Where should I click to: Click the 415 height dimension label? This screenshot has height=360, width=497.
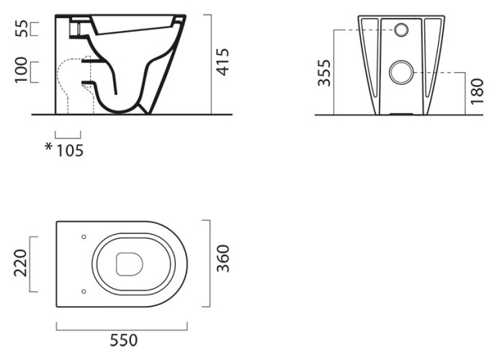click(x=223, y=62)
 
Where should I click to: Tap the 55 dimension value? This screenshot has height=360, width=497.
click(x=22, y=29)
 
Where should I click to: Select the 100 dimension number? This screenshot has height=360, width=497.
click(x=22, y=70)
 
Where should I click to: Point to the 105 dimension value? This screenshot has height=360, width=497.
click(x=70, y=151)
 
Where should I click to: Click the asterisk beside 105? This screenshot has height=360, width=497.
click(x=48, y=147)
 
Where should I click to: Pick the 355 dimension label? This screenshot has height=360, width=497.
click(x=324, y=73)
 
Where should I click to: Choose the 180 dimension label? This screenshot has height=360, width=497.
click(x=477, y=91)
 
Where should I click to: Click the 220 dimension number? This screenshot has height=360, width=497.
click(x=21, y=263)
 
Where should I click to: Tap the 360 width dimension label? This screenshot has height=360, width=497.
click(x=223, y=258)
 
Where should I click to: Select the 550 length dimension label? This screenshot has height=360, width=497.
click(x=124, y=341)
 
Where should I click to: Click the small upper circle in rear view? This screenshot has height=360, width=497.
click(x=401, y=30)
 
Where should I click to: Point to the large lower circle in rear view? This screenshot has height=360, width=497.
click(x=401, y=73)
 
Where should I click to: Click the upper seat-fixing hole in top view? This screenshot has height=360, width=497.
click(x=84, y=237)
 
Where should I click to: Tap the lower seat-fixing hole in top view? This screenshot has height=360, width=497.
click(x=84, y=291)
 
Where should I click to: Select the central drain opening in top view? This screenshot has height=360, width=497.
click(x=130, y=264)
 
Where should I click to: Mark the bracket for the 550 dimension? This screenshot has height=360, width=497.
click(x=122, y=326)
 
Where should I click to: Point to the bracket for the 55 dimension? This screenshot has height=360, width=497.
click(x=35, y=29)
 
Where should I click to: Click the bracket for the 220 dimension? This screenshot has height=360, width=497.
click(x=33, y=264)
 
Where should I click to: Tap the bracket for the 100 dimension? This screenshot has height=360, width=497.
click(x=35, y=72)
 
